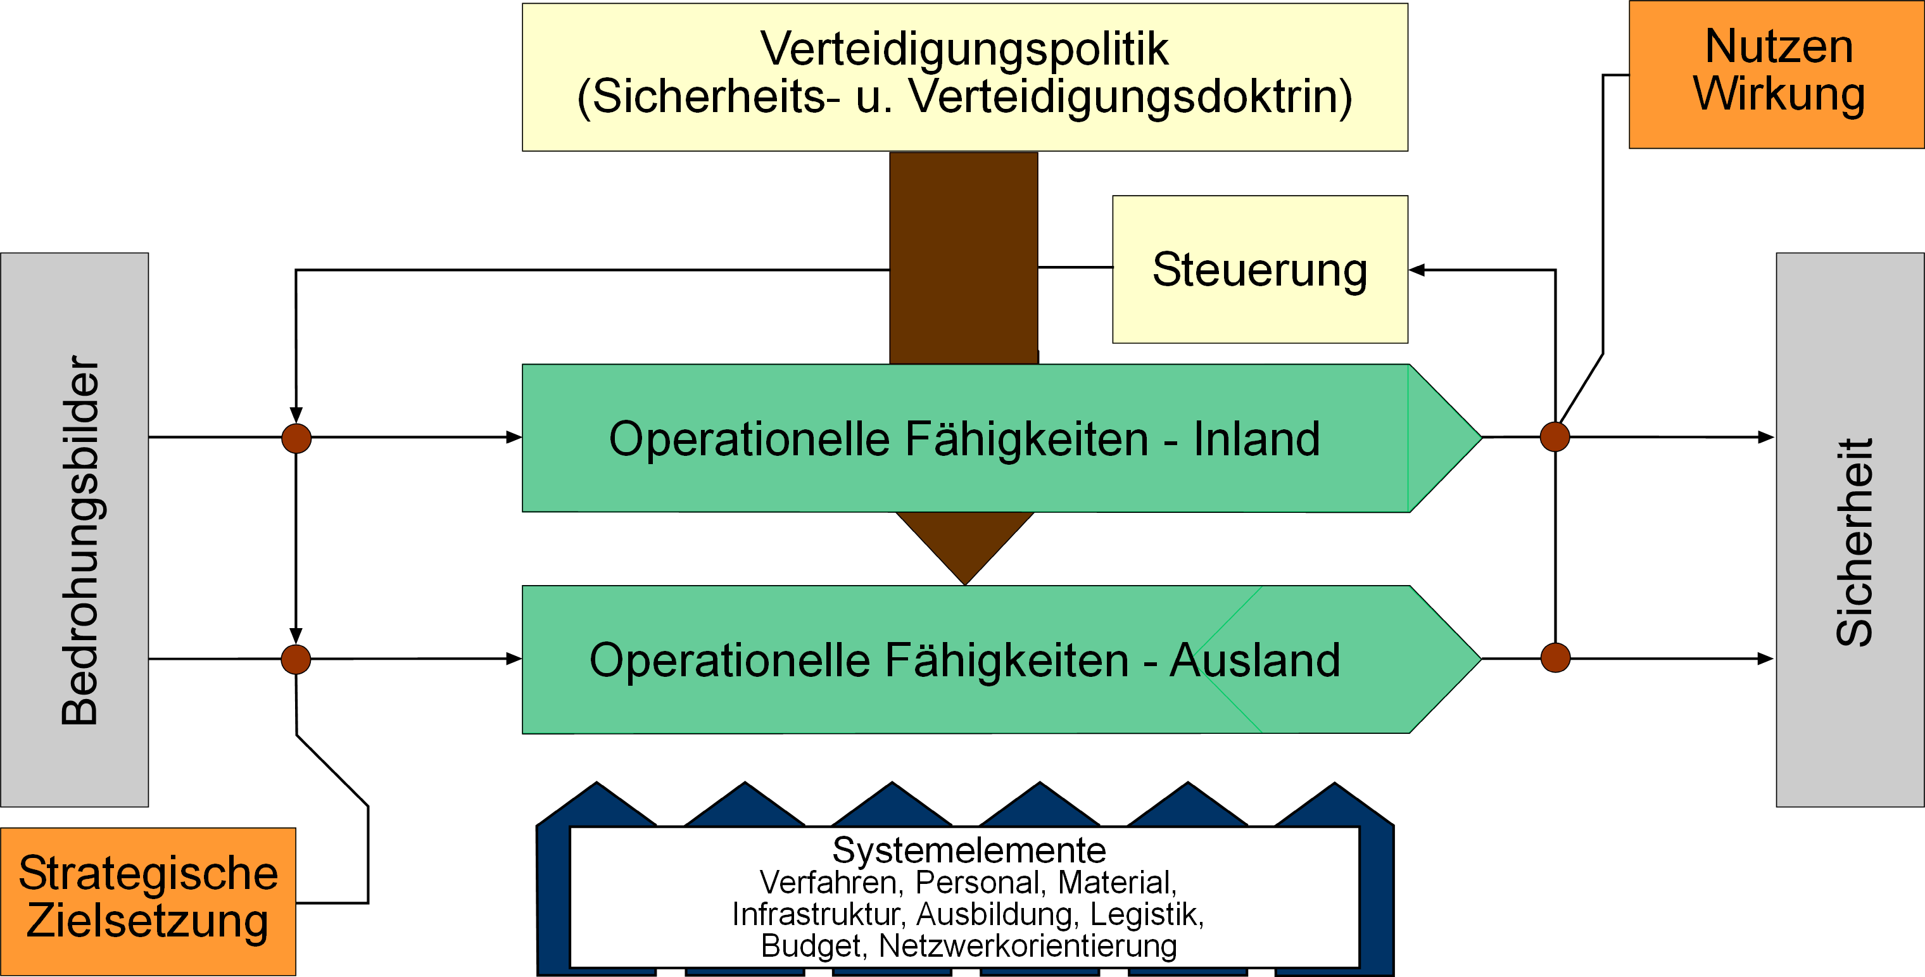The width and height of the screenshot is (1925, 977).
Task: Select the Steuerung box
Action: click(1260, 269)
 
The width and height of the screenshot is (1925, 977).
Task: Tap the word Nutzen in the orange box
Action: click(1779, 46)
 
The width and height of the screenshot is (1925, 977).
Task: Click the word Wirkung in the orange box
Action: click(1779, 95)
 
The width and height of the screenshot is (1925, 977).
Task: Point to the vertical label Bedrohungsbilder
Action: click(80, 539)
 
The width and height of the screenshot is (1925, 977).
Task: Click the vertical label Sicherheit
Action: click(1854, 542)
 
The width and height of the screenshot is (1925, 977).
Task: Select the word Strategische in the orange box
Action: click(148, 874)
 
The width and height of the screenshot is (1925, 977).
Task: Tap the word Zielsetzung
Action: click(148, 921)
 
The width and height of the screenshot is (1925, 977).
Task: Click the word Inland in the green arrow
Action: click(1256, 439)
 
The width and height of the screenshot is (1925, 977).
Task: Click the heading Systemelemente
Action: click(969, 850)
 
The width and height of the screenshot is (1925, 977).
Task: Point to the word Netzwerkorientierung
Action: click(1028, 945)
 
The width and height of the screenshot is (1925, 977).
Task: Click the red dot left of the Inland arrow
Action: click(296, 438)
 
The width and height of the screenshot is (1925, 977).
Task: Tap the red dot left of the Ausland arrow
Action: click(296, 659)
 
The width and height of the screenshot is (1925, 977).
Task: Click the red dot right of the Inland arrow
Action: click(1555, 436)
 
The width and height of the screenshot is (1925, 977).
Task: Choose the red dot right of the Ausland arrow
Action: click(1555, 658)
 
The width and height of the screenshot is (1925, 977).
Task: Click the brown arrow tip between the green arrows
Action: click(966, 584)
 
